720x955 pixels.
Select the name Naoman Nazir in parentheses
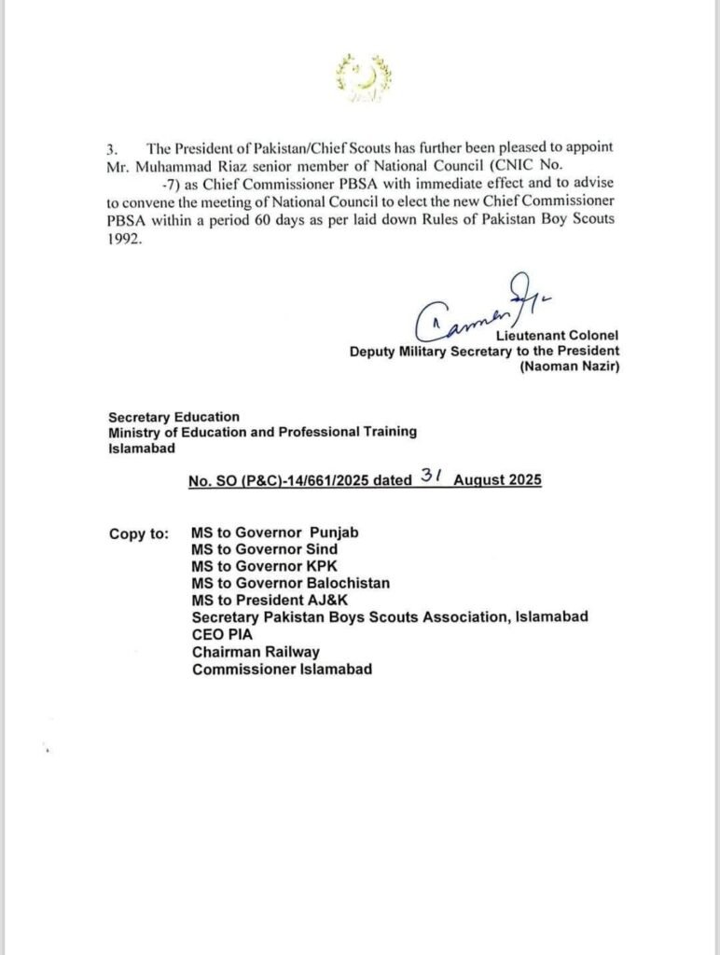pyautogui.click(x=569, y=367)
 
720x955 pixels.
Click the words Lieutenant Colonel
pyautogui.click(x=564, y=334)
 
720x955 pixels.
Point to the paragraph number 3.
pyautogui.click(x=112, y=149)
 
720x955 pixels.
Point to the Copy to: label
pyautogui.click(x=139, y=533)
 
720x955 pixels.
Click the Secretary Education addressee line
pyautogui.click(x=173, y=417)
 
